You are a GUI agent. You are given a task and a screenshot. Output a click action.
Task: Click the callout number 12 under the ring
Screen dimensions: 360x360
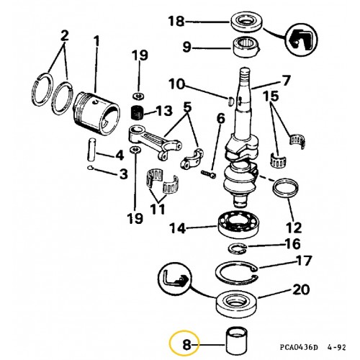(296, 215)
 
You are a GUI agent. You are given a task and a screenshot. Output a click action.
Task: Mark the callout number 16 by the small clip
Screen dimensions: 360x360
(292, 243)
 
